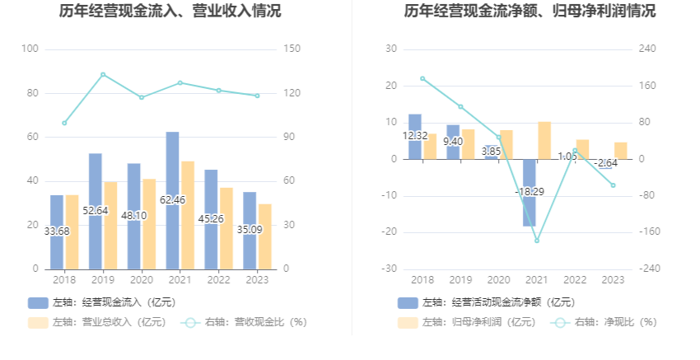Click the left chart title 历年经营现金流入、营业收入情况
170,12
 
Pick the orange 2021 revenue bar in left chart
188,215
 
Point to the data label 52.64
96,211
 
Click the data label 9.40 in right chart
453,142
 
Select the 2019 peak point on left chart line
103,74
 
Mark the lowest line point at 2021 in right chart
537,241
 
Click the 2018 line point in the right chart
422,78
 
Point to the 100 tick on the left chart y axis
30,49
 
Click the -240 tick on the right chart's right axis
648,269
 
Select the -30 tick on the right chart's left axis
391,269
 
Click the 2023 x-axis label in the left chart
256,280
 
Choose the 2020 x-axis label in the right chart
498,280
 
